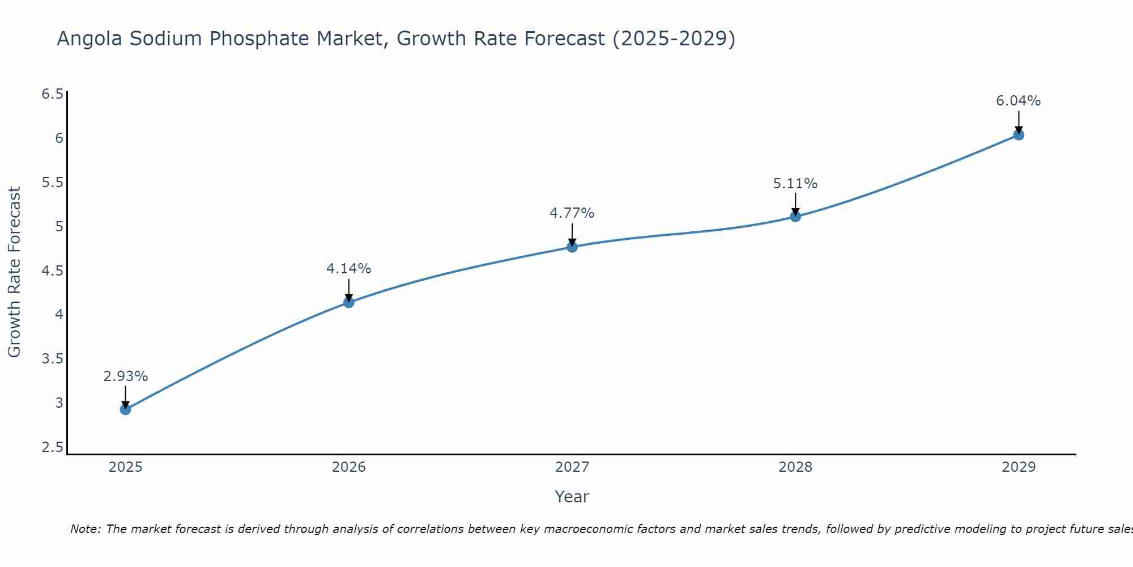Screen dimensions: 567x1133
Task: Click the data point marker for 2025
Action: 126,409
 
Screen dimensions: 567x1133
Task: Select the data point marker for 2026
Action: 349,302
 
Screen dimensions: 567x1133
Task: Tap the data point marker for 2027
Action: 572,247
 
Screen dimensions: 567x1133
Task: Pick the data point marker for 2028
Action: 795,216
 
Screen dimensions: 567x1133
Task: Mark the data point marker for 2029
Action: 1019,134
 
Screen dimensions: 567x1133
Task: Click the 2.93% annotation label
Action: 126,376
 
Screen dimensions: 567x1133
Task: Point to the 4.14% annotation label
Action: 349,269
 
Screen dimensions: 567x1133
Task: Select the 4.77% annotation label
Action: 572,213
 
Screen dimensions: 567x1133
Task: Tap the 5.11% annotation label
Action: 795,184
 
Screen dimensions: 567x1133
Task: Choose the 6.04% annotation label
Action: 1019,101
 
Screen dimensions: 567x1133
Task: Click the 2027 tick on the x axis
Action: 572,467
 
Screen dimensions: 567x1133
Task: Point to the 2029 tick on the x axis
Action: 1019,467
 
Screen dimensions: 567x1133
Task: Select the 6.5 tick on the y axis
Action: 53,94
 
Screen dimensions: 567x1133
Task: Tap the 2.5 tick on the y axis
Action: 53,447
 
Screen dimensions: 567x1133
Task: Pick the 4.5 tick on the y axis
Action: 53,271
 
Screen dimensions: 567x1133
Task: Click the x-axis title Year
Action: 572,497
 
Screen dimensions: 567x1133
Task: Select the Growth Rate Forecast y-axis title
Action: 15,272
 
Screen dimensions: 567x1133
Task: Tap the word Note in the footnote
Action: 85,529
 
